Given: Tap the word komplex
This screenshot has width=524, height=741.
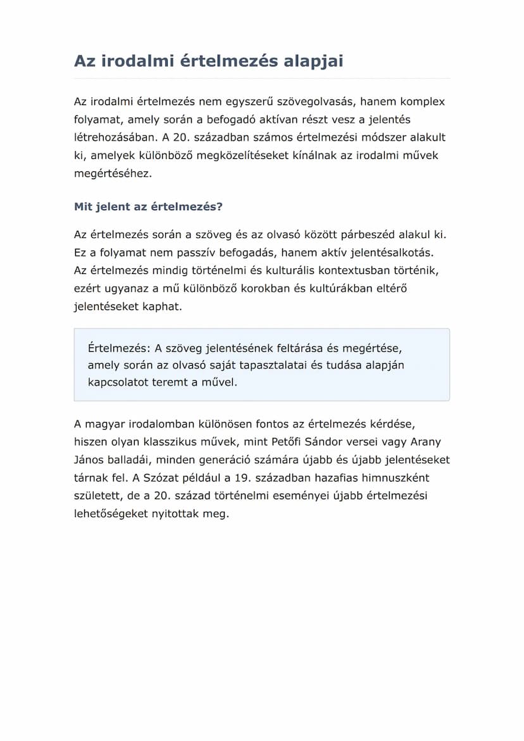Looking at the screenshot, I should click(423, 102).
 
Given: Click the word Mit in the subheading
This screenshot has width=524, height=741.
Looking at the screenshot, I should click(84, 207).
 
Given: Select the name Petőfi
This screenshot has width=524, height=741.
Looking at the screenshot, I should click(296, 442).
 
